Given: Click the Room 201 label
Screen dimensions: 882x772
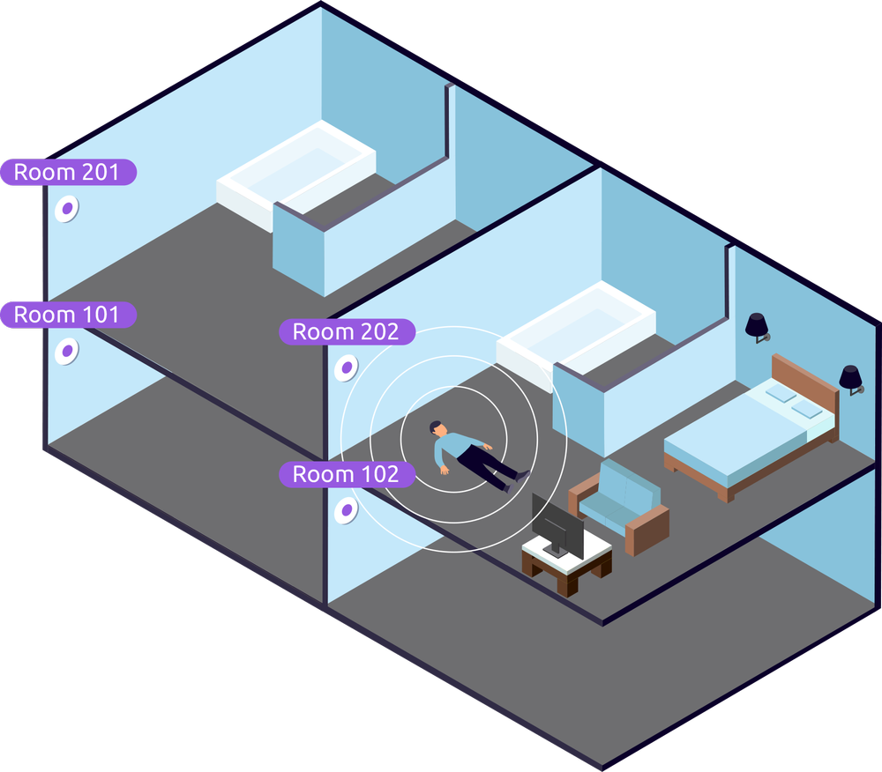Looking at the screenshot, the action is click(68, 172).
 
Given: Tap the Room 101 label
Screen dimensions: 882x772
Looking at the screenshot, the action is click(68, 315).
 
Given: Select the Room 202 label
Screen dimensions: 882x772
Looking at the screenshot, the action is click(347, 332).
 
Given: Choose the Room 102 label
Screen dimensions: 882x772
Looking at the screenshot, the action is click(347, 475).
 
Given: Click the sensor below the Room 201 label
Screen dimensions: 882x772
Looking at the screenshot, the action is click(66, 210).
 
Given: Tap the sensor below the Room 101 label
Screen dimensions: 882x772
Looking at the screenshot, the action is click(66, 352).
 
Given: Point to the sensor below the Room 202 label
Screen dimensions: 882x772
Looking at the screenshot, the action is click(348, 366).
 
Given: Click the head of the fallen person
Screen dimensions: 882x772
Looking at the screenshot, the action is click(437, 429).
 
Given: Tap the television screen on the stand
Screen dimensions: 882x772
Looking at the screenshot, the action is click(557, 526).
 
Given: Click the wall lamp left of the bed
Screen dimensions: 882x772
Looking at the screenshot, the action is click(757, 326).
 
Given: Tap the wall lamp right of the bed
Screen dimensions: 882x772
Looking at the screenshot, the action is click(850, 378).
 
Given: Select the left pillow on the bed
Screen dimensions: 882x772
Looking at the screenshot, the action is click(780, 394).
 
